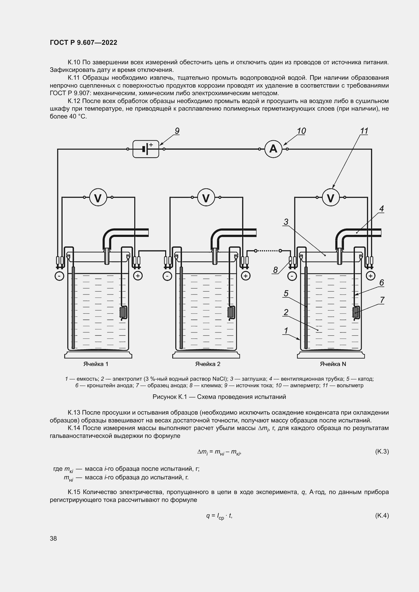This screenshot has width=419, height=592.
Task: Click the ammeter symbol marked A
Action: [x=273, y=149]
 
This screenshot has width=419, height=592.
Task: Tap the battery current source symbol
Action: [x=146, y=149]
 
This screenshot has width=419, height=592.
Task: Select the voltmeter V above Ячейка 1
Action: [x=98, y=198]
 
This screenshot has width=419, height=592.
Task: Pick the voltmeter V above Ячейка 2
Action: [x=206, y=198]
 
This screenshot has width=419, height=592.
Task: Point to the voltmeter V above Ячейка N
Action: [x=331, y=198]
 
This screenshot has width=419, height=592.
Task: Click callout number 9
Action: [x=177, y=131]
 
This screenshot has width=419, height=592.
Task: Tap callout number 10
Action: [x=301, y=131]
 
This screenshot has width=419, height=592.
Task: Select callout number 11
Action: [x=364, y=131]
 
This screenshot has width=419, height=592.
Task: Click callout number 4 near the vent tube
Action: [x=382, y=209]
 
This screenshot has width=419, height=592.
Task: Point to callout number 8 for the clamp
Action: [x=275, y=270]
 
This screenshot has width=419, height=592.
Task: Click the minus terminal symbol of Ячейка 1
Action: [x=59, y=276]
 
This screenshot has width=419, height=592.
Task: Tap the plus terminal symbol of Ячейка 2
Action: [x=246, y=276]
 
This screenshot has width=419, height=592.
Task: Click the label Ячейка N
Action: [x=333, y=364]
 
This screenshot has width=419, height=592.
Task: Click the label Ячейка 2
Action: [x=208, y=364]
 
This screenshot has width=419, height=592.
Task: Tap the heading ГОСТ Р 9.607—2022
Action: [x=83, y=43]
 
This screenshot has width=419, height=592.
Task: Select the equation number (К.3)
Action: [x=382, y=452]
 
